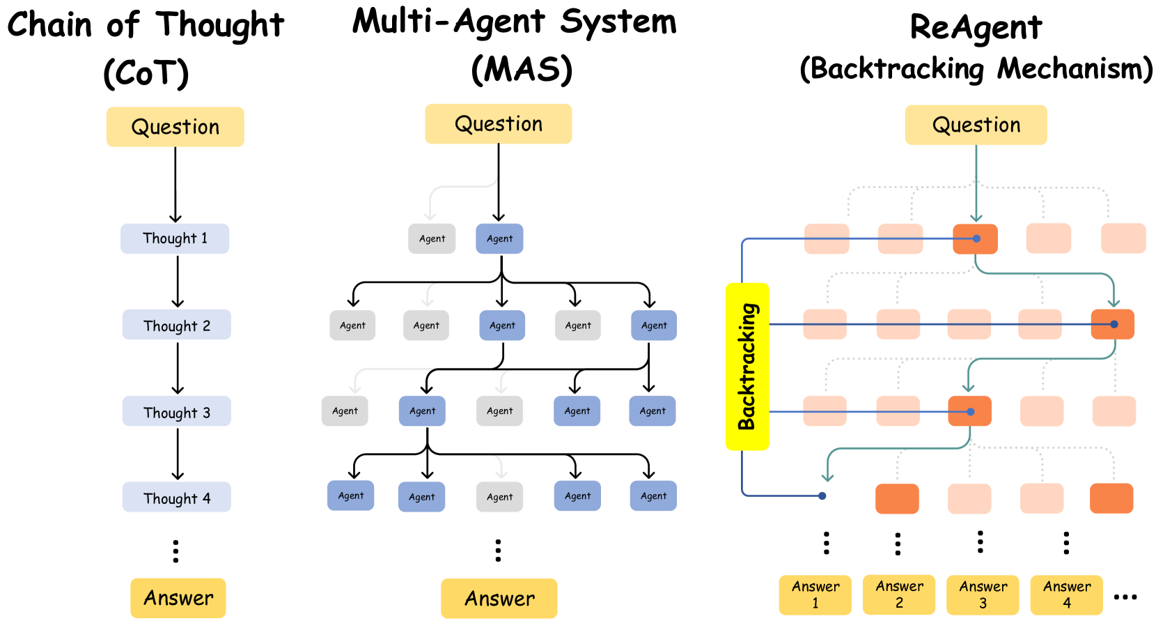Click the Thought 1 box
click(x=175, y=238)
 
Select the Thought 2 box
click(x=176, y=325)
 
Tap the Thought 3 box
click(x=176, y=411)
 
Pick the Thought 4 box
click(x=176, y=497)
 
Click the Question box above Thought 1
click(x=175, y=127)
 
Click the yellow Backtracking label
click(x=747, y=367)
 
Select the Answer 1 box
click(x=815, y=595)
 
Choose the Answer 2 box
click(x=899, y=595)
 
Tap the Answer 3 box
click(x=983, y=595)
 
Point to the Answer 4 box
click(x=1066, y=595)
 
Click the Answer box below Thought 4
click(x=178, y=598)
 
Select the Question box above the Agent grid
click(x=499, y=124)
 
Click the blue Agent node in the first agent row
click(x=499, y=238)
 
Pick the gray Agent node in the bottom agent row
click(x=499, y=497)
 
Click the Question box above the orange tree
click(x=976, y=125)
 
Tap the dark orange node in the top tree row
click(x=975, y=239)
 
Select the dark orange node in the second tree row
click(x=1112, y=325)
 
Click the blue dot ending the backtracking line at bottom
click(x=822, y=496)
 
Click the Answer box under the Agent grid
click(x=499, y=598)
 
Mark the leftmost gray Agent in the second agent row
click(x=352, y=325)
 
